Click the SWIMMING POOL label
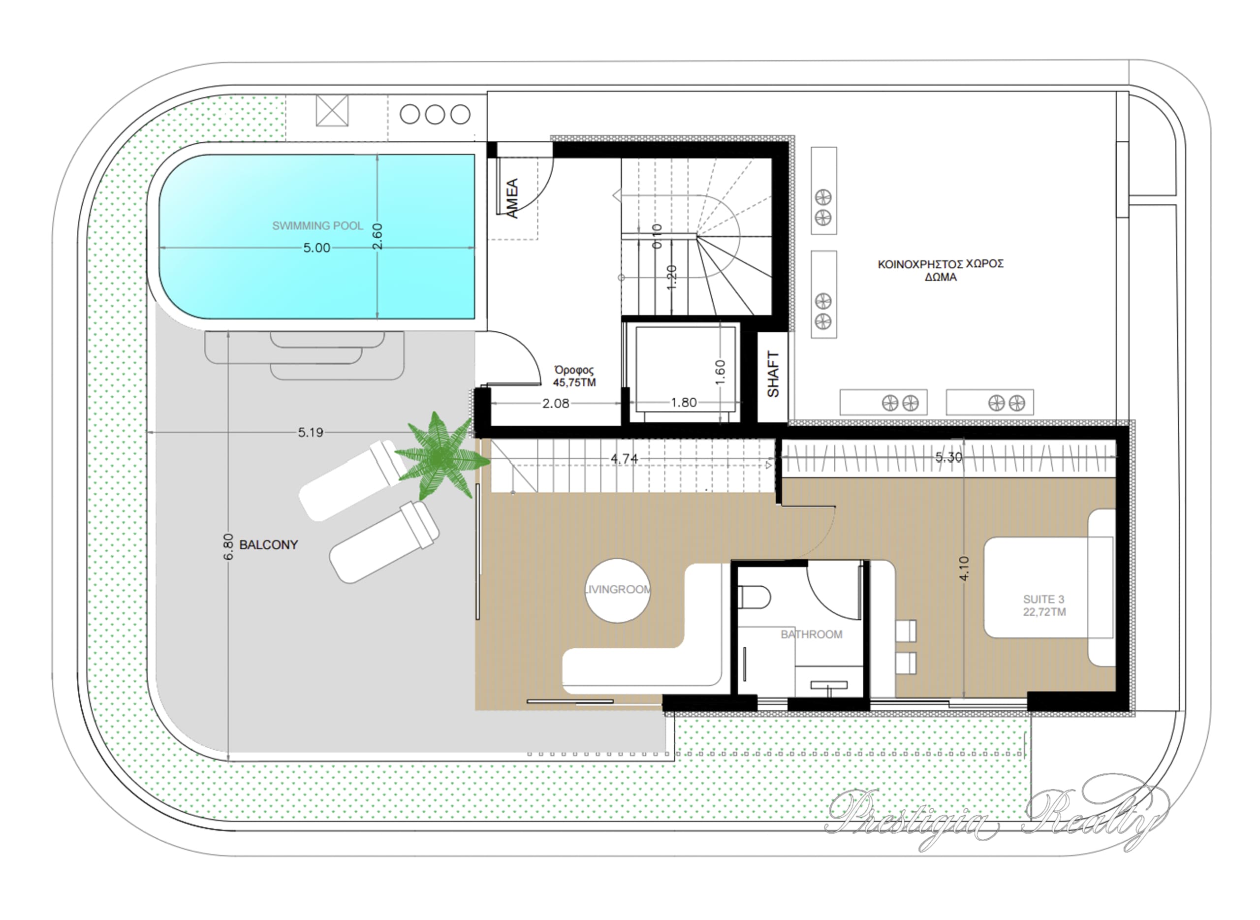317,225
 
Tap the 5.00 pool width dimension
317,248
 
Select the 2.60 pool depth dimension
378,236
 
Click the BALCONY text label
268,544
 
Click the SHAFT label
773,374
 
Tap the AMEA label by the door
512,198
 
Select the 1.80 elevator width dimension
684,402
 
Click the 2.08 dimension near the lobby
556,403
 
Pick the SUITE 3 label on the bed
1044,605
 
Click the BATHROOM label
811,634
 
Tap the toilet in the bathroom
755,598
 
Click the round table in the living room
618,590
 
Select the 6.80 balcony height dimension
228,547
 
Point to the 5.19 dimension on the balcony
310,432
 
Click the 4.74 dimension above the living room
624,458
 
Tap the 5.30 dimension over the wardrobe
948,457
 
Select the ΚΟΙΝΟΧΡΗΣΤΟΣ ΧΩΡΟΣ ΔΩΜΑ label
941,270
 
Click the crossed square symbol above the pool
332,110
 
